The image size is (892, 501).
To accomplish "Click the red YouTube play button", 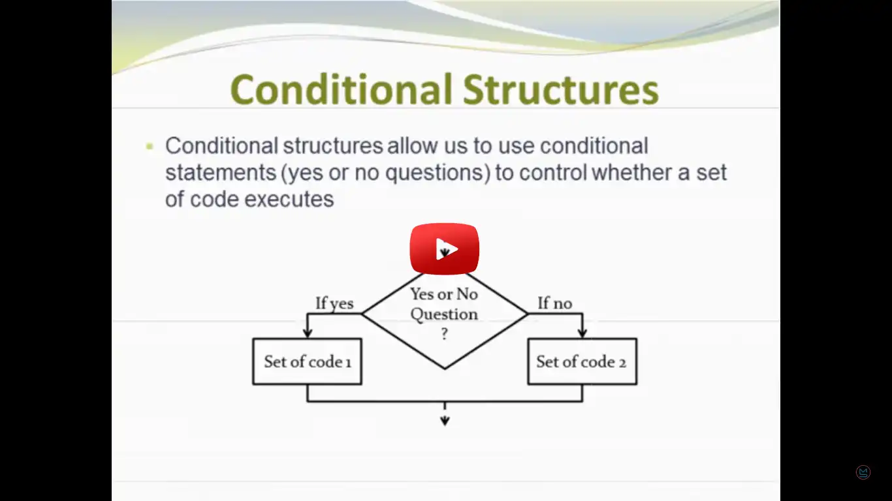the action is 445,249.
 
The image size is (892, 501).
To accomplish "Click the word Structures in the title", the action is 561,89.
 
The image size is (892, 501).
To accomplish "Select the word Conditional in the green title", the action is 341,89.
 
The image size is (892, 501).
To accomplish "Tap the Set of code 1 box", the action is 307,361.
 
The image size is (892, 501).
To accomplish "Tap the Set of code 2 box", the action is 582,361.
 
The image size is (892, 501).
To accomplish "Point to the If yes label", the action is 334,303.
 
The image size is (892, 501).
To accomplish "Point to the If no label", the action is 554,303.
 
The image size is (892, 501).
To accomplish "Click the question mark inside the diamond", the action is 445,334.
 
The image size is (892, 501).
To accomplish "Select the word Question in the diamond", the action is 444,314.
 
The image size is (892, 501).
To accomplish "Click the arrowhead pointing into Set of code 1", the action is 307,333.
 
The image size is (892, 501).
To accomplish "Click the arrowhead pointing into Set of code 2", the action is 582,333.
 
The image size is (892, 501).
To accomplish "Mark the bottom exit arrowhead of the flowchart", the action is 445,421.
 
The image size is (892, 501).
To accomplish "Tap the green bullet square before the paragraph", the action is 150,146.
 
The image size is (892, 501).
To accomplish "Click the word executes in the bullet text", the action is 289,200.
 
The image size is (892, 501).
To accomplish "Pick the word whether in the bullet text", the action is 635,173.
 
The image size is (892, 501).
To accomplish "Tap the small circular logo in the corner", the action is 863,472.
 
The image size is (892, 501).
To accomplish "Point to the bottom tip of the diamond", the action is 445,369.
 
